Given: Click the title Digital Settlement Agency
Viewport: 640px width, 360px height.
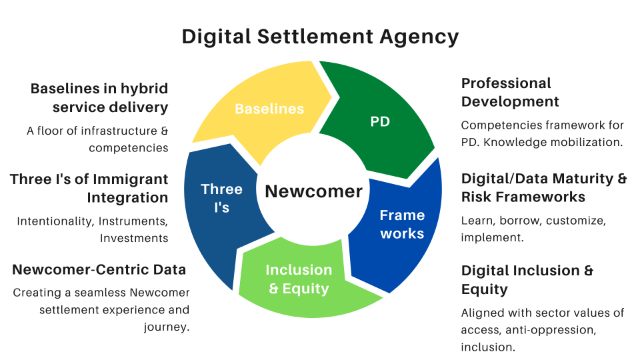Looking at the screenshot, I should point(320,36).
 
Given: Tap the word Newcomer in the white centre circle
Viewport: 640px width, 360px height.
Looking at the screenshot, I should point(314,191).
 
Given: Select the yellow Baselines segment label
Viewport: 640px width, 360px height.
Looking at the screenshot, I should point(269,109).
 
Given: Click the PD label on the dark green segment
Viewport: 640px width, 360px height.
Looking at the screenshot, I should point(380,121).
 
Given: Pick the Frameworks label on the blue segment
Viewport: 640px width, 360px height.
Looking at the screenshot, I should point(402,224).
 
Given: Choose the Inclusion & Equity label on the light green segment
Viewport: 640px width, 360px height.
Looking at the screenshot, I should point(299,279).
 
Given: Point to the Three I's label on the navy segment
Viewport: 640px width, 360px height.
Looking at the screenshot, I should point(221,198).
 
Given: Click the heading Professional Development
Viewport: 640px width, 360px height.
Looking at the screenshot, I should point(510,92).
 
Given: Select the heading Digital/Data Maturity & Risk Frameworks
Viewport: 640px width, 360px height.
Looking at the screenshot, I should point(544,187).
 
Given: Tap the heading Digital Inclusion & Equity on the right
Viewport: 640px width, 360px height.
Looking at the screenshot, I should point(527,279).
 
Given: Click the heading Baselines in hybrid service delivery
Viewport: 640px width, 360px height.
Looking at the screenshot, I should point(99,97).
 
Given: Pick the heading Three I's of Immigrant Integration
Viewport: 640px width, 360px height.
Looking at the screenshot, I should point(89,188).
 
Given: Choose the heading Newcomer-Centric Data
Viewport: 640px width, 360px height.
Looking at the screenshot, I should point(99,269).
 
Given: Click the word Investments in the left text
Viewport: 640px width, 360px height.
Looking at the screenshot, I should point(134,238).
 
